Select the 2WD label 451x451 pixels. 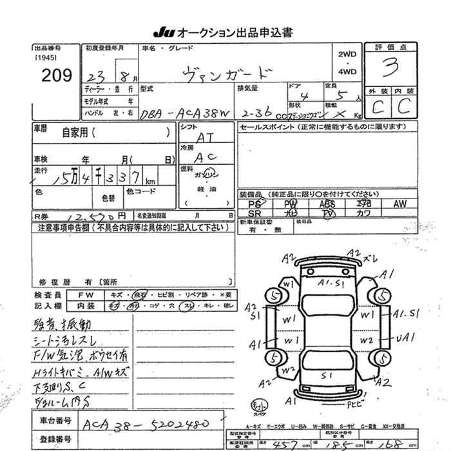pyautogui.click(x=346, y=54)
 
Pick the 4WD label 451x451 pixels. pyautogui.click(x=346, y=72)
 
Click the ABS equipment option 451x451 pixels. pyautogui.click(x=327, y=204)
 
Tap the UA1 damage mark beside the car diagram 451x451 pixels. pyautogui.click(x=404, y=336)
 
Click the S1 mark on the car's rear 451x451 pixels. pyautogui.click(x=327, y=374)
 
